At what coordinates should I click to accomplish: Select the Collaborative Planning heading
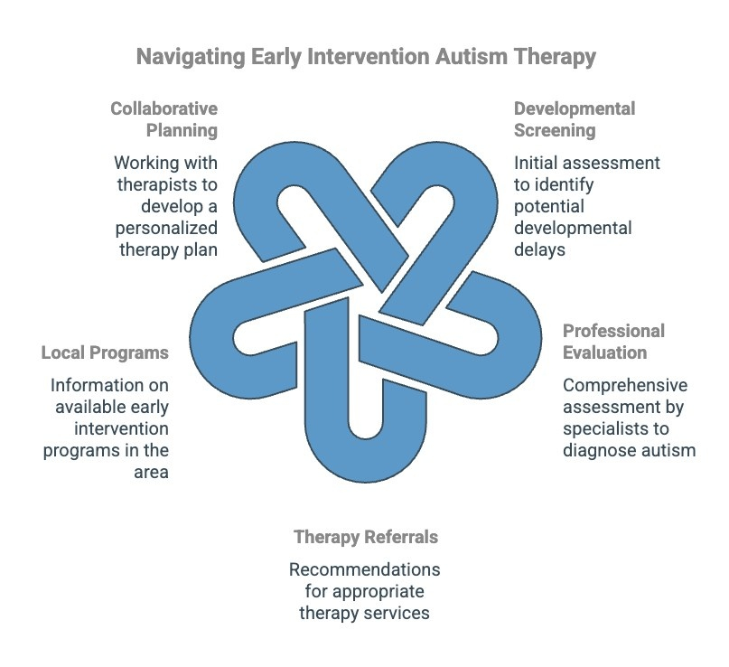(x=164, y=119)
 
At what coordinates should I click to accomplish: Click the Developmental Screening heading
(x=575, y=119)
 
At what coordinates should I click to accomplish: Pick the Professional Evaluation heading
(x=614, y=341)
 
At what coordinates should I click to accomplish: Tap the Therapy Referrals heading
(x=366, y=537)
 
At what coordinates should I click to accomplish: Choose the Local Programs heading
(x=105, y=352)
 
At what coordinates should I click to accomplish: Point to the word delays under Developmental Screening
(x=539, y=249)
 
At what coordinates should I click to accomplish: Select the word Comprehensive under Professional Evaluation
(x=625, y=384)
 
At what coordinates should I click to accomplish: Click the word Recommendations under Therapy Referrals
(x=365, y=570)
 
